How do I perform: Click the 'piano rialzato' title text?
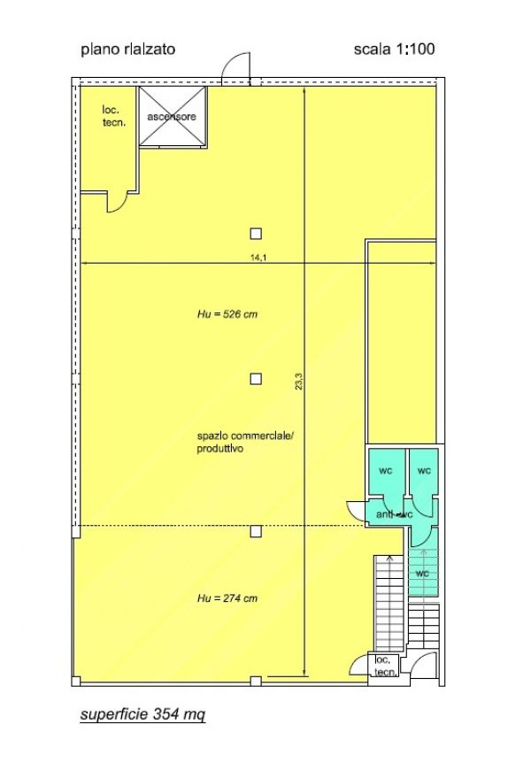point(127,50)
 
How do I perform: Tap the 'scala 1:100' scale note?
point(394,49)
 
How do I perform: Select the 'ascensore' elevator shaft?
point(172,116)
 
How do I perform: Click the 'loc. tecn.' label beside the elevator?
point(114,116)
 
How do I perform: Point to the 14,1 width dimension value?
point(258,258)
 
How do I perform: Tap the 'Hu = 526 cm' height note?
point(227,314)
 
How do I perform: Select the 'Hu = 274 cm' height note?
point(227,598)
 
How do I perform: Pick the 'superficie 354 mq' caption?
point(142,714)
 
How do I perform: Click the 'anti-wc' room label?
point(395,514)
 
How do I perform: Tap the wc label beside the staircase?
point(422,574)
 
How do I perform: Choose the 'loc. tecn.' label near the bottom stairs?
point(386,667)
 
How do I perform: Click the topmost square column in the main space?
point(256,234)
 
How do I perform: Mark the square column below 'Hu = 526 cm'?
point(256,379)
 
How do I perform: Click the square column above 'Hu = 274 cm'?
point(256,531)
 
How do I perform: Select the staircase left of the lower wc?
point(389,604)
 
